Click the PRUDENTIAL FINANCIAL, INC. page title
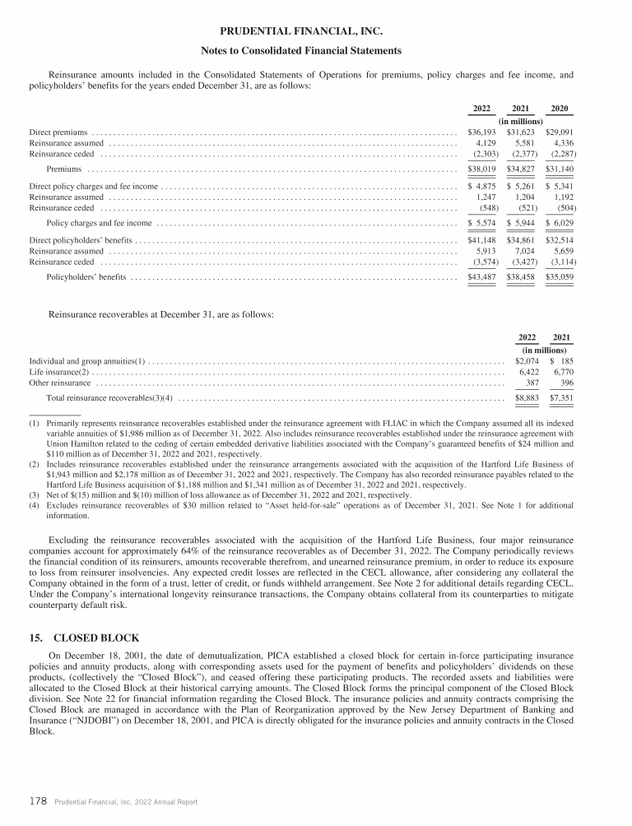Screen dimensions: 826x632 tap(315, 32)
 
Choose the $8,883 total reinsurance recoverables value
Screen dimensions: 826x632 tap(527, 398)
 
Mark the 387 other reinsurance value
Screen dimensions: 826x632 tap(532, 383)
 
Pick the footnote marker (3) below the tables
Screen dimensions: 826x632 tap(34, 495)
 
